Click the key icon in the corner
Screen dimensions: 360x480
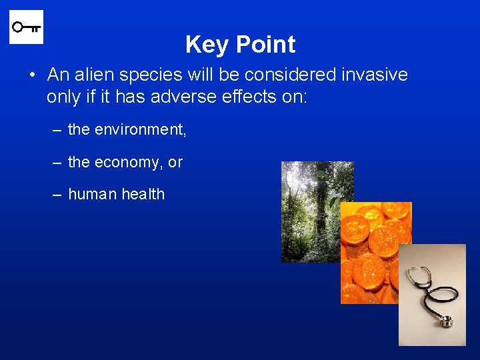point(26,27)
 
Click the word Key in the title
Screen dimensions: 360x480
point(207,45)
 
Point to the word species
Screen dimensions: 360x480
point(142,75)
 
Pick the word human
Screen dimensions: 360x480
point(91,195)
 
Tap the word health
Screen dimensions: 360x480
point(142,195)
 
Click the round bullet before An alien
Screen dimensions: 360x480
point(33,75)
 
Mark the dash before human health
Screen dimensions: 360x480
point(57,195)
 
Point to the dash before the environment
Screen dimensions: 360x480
point(57,130)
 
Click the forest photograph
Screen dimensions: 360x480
point(310,200)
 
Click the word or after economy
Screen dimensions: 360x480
point(175,163)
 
